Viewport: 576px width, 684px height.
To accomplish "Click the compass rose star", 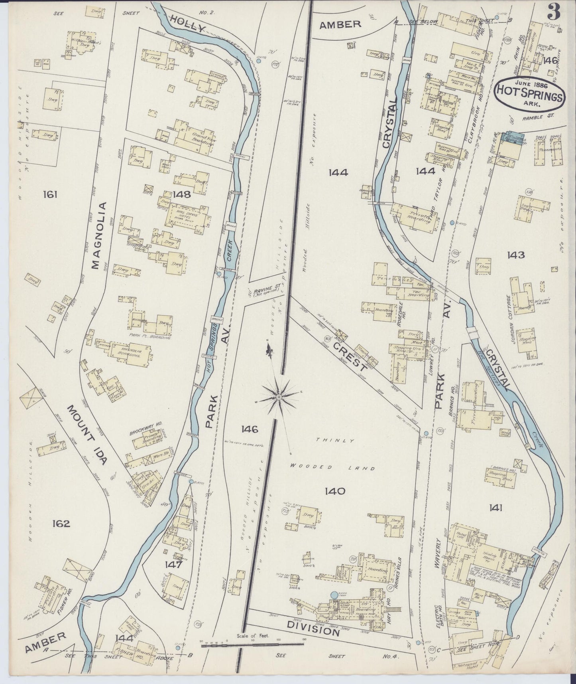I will coord(279,397).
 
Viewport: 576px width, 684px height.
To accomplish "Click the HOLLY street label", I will coord(187,23).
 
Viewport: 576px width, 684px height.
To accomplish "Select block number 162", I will coord(61,523).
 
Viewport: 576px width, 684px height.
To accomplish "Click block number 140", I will coord(334,491).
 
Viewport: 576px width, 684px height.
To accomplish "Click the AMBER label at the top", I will coord(340,24).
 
